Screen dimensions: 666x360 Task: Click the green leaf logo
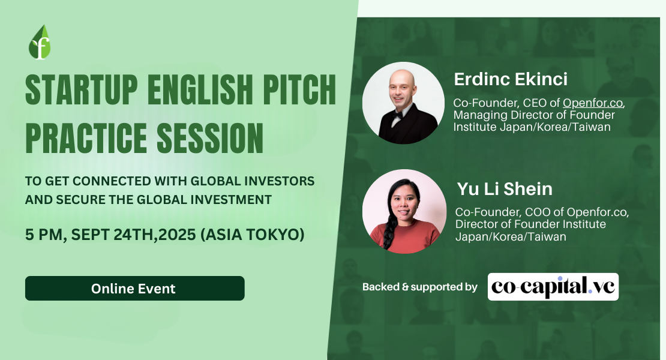click(40, 42)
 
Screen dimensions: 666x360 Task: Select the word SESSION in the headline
click(210, 138)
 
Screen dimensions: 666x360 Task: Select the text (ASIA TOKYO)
click(252, 235)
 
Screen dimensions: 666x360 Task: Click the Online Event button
click(134, 288)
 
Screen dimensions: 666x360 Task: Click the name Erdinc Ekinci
click(511, 79)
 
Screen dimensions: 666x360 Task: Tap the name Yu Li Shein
click(505, 189)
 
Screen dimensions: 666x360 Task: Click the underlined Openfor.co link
click(593, 103)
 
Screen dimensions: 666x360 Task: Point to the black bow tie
click(397, 115)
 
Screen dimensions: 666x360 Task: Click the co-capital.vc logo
click(553, 287)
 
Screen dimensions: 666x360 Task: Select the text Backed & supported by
click(419, 287)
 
